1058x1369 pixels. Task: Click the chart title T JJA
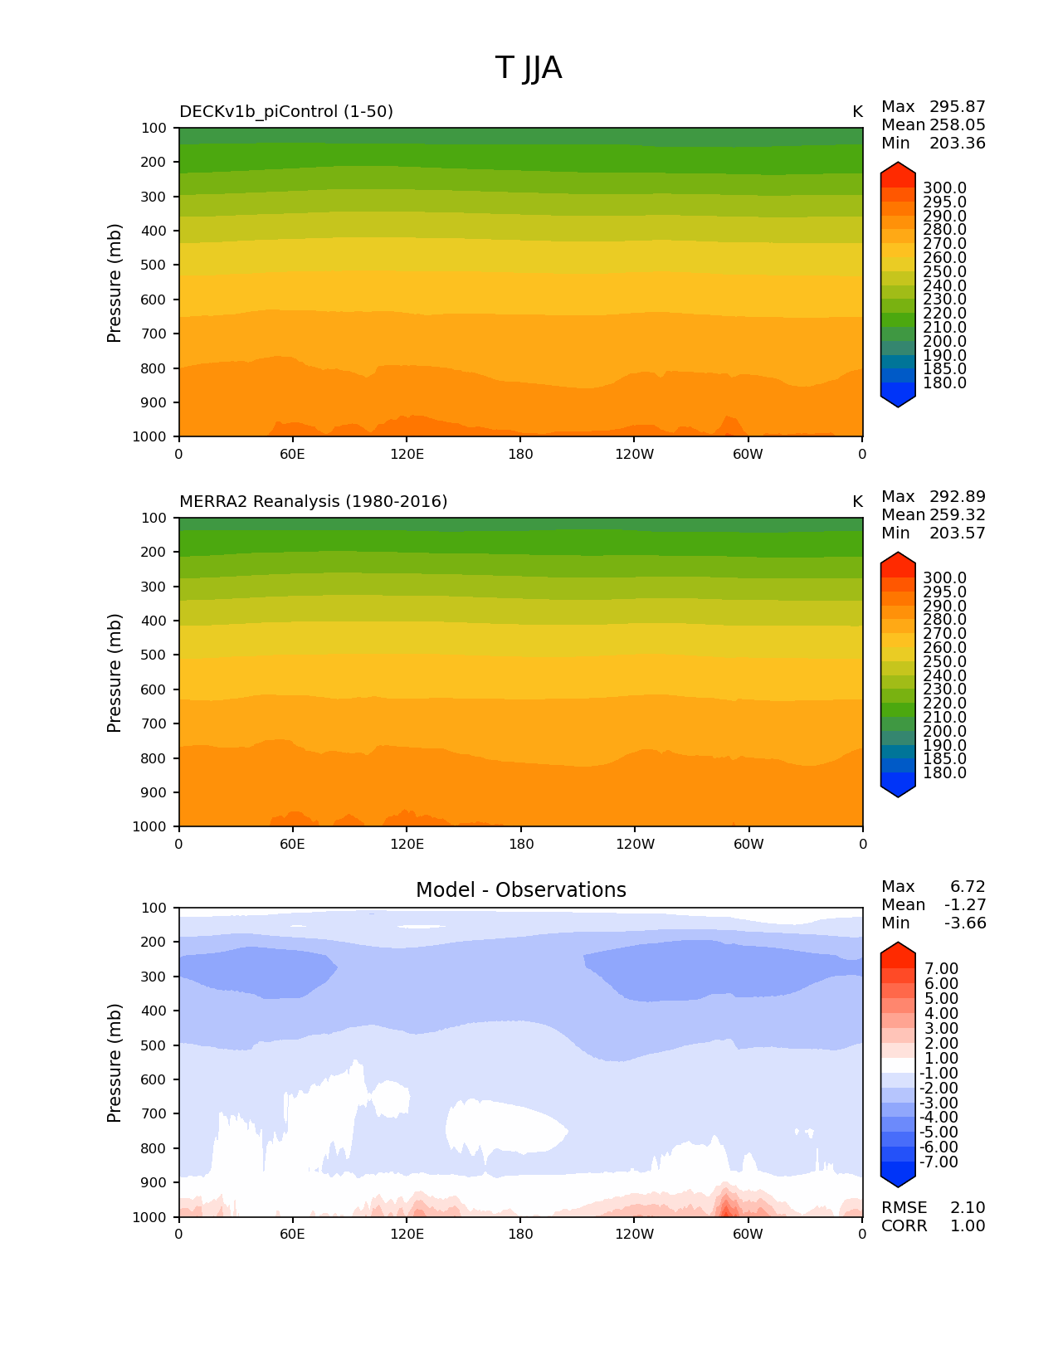click(x=529, y=68)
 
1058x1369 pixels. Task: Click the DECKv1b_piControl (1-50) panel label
click(x=286, y=112)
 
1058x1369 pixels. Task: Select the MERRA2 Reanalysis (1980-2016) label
click(x=313, y=502)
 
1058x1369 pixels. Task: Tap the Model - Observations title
click(x=520, y=890)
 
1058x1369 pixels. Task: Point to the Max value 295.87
click(x=958, y=107)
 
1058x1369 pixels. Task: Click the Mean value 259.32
click(x=958, y=515)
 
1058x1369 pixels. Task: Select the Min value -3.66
click(x=965, y=923)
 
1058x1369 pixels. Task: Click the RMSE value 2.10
click(x=968, y=1208)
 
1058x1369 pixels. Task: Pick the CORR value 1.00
click(x=968, y=1226)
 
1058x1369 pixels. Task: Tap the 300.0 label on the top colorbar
click(x=944, y=188)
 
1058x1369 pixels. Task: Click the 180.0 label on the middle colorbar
click(x=944, y=773)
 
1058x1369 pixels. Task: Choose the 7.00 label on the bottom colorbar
click(x=942, y=969)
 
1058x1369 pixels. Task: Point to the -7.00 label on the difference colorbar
click(x=939, y=1162)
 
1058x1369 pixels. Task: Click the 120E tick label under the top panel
click(x=407, y=455)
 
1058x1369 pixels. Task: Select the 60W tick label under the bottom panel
click(x=748, y=1235)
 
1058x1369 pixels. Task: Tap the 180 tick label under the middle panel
click(x=520, y=845)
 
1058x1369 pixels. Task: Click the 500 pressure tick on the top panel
click(x=155, y=266)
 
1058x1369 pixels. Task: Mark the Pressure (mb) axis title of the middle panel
click(x=115, y=673)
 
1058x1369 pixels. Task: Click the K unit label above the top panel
click(x=857, y=112)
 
